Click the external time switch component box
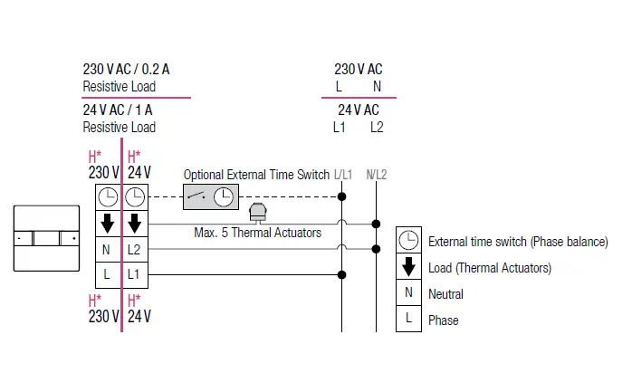tap(209, 196)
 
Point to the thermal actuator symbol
tap(256, 212)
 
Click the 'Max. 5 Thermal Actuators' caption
tap(258, 233)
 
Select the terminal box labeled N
tap(107, 248)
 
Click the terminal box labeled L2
tap(134, 248)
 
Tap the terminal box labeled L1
tap(134, 273)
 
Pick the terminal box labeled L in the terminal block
tap(107, 273)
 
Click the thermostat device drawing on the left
tap(47, 239)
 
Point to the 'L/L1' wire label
tap(343, 174)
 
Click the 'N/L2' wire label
tap(376, 174)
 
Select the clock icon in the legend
tap(408, 241)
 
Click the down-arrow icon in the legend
tap(408, 267)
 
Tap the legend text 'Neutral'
tap(445, 293)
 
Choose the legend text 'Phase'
tap(444, 320)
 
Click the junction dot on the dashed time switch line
tap(342, 196)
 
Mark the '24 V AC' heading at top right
tap(359, 110)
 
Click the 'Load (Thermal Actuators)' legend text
tap(489, 268)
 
